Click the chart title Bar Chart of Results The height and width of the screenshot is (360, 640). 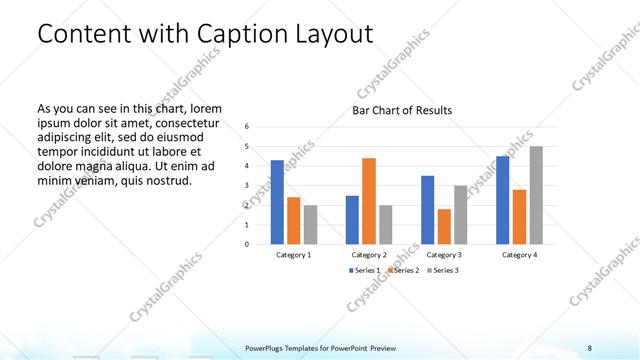401,110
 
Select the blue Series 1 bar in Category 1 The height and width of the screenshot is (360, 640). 277,202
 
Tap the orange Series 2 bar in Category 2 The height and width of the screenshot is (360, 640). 369,200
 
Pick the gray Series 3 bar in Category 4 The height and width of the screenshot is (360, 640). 536,195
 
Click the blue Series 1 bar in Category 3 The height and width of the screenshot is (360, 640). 427,209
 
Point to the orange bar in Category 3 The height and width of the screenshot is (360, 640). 444,226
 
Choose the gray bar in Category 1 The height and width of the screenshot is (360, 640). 311,224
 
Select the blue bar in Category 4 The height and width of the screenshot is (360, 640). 502,200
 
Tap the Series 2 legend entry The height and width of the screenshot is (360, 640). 402,271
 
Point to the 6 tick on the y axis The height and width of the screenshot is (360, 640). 247,127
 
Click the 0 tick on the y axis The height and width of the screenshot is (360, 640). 247,244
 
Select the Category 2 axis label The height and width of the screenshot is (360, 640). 369,255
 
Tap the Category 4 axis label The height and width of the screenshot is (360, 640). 519,255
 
